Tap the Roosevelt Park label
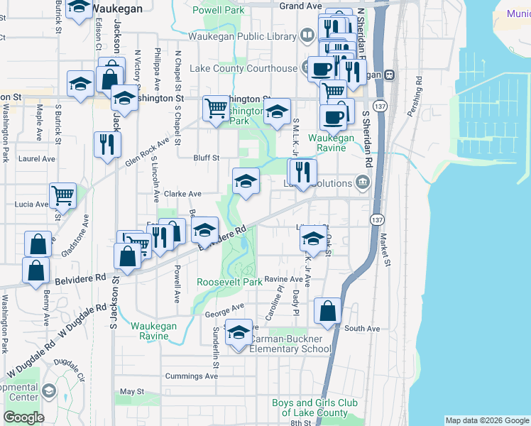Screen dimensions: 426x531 (x=229, y=282)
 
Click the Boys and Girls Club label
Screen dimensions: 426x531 (x=310, y=408)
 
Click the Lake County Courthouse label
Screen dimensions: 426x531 (x=243, y=68)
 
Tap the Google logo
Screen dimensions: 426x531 (x=23, y=417)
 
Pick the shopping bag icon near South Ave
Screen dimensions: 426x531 (x=327, y=310)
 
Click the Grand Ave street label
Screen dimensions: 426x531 (x=300, y=6)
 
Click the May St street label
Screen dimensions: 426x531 (x=132, y=391)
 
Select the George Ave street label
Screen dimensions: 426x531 (x=224, y=310)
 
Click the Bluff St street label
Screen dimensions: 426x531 (x=207, y=158)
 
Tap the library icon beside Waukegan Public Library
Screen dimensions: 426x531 (x=307, y=35)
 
